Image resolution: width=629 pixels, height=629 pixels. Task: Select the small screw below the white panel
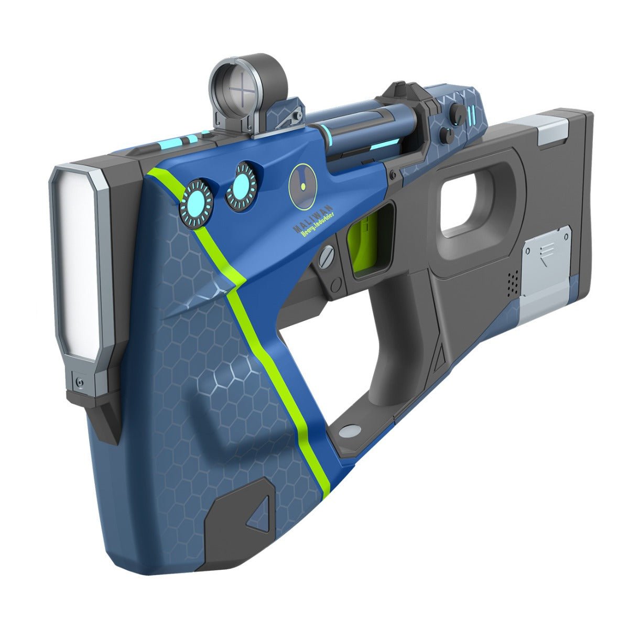[x=79, y=381]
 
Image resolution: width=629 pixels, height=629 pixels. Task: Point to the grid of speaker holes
[x=512, y=282]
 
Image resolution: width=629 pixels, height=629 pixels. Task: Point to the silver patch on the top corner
[x=552, y=127]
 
